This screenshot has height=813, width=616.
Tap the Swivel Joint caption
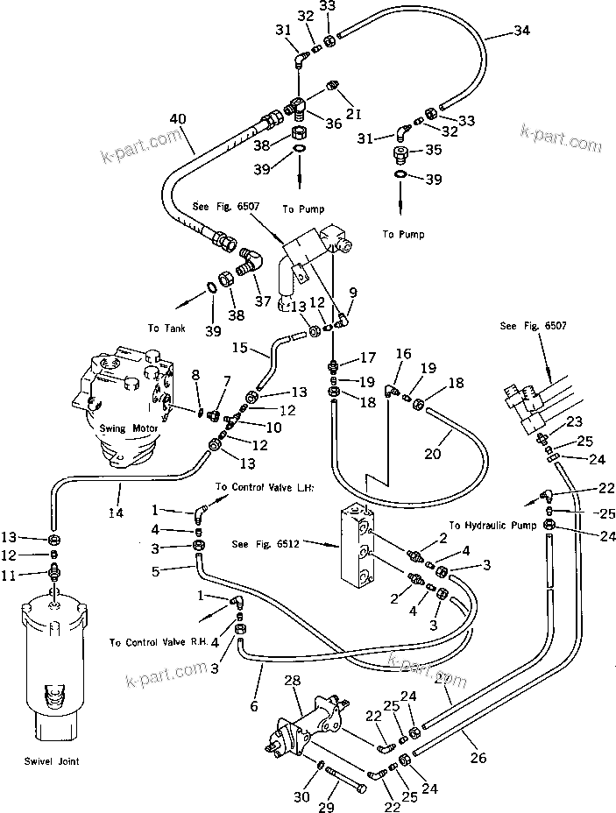pyautogui.click(x=53, y=761)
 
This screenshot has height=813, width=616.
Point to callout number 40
pyautogui.click(x=178, y=118)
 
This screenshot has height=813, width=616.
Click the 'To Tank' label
pyautogui.click(x=166, y=328)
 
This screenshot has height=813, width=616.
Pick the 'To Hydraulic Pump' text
pyautogui.click(x=493, y=526)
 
